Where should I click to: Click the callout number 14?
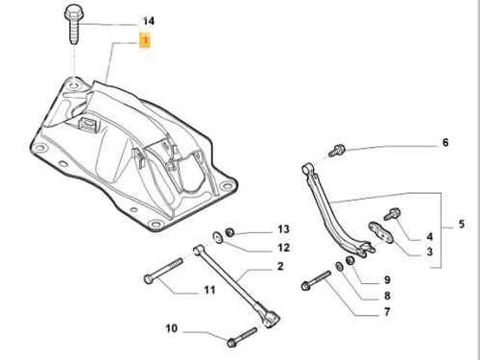point(148,21)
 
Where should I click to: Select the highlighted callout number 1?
point(145,40)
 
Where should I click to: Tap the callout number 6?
point(445,142)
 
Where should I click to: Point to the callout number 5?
point(461,224)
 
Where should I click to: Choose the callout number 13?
point(283,229)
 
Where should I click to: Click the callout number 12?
point(283,248)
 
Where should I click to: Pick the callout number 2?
point(280,266)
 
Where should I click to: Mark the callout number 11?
point(209,290)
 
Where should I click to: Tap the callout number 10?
point(172,328)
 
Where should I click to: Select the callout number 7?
point(387,311)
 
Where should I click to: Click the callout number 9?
point(387,280)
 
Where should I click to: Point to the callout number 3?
point(429,252)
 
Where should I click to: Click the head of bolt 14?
point(73,14)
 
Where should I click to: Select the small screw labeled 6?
point(337,151)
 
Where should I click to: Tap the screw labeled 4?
point(393,214)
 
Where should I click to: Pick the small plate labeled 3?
point(381,232)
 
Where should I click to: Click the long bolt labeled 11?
point(163,271)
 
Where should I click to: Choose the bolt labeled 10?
point(242,337)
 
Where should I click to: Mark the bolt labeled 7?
point(316,280)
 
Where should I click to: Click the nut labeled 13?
point(229,232)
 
